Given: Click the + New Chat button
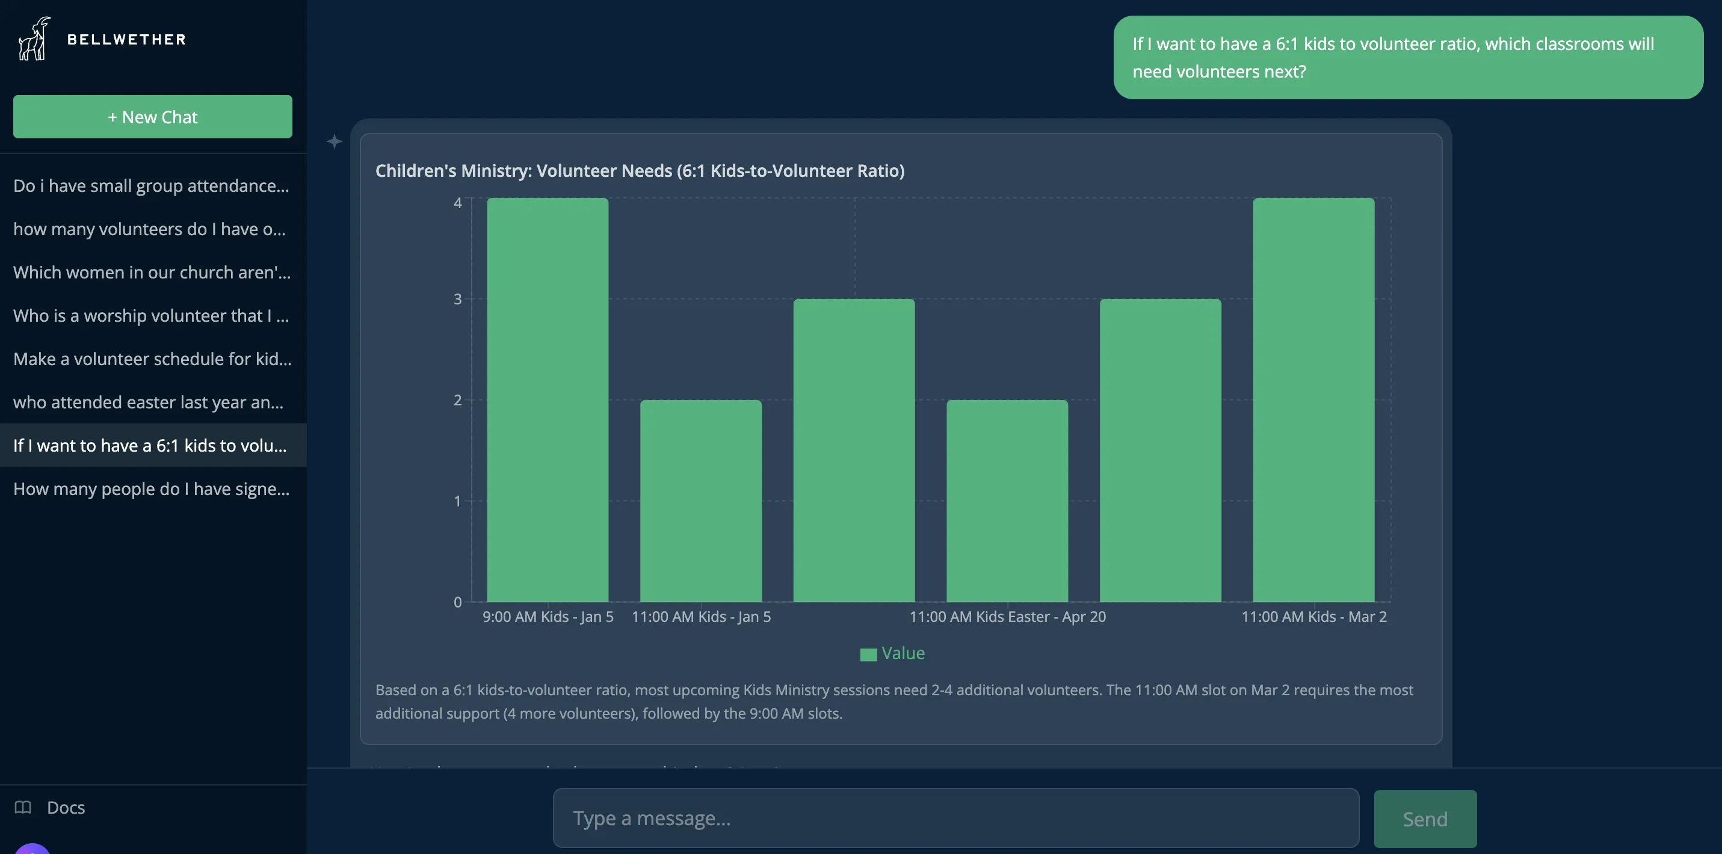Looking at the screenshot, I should coord(152,117).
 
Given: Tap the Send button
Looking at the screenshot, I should coord(1425,819).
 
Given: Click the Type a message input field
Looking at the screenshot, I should coord(955,818).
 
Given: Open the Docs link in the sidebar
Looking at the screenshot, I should coord(66,807).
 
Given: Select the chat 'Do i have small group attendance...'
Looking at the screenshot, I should coord(151,186).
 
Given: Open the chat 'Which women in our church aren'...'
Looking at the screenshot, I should coord(152,272).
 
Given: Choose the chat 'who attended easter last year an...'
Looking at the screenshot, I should coord(149,402).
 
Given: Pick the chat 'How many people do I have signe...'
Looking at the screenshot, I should coord(151,489).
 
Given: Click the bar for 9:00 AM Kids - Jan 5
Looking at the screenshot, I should coord(548,401).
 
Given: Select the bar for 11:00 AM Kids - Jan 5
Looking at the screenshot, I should coord(700,501).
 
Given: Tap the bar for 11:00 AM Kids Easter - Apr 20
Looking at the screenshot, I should coord(1007,501).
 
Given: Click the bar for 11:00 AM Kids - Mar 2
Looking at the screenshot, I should coord(1313,401).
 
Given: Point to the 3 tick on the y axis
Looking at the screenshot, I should coord(458,300).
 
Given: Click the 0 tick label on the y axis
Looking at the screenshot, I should coord(458,602).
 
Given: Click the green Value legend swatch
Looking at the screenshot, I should coord(868,654).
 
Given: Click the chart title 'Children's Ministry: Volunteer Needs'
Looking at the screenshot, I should coord(639,171).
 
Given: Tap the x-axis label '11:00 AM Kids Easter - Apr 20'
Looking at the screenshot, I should coord(1007,617).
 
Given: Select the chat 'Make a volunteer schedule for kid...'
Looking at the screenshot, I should coord(152,359).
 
